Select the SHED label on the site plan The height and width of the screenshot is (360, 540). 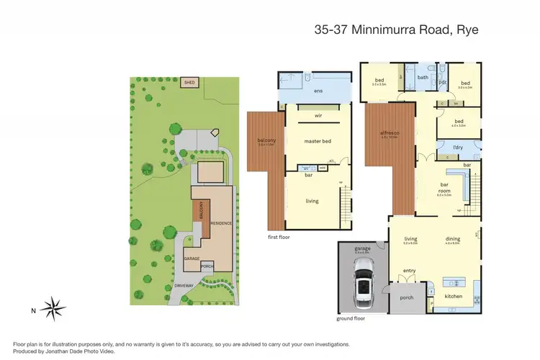[x=190, y=83]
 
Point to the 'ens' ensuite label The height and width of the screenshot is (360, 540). [x=318, y=91]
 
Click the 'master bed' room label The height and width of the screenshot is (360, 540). [x=318, y=141]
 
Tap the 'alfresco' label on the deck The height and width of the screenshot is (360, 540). [x=390, y=134]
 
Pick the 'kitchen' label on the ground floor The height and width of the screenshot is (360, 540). [x=454, y=296]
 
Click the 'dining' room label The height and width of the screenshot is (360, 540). [x=451, y=239]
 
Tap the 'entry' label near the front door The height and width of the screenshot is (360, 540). [x=410, y=271]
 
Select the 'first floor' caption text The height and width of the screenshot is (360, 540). [x=279, y=235]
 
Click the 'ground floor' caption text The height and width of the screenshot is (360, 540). [x=351, y=318]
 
